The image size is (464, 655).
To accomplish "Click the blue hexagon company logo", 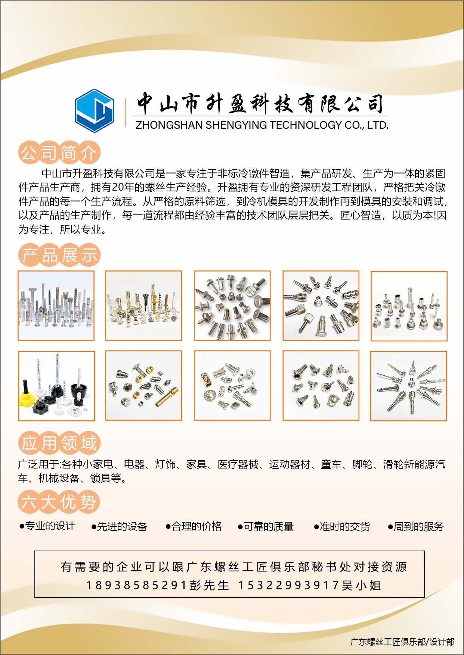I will [x=94, y=111].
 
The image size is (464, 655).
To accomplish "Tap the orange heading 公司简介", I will [x=59, y=153].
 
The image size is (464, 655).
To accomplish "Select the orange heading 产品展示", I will [x=59, y=256].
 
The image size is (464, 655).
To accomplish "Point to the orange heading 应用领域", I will [x=59, y=443].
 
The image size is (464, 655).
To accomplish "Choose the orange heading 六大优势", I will [x=59, y=502].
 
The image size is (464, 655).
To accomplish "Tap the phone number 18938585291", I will [x=136, y=585].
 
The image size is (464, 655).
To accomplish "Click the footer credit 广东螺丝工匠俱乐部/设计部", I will [x=402, y=642].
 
